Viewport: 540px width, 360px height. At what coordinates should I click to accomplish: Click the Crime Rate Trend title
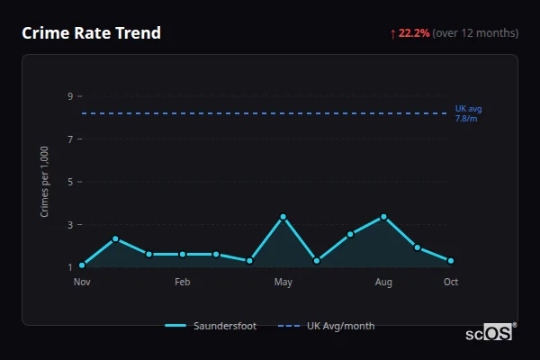tap(91, 33)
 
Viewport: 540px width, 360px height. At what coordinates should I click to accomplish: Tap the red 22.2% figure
tap(414, 33)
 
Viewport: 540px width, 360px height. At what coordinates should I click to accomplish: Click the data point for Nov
tap(82, 265)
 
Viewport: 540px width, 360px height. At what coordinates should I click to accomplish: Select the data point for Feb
tap(183, 254)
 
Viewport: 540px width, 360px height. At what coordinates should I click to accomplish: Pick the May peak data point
tap(283, 217)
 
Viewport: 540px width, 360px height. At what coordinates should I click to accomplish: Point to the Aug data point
tap(384, 217)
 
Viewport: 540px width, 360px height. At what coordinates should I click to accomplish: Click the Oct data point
tap(451, 261)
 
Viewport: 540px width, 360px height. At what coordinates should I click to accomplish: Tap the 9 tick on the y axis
tap(69, 96)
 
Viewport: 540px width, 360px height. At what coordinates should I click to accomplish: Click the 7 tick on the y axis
tap(69, 139)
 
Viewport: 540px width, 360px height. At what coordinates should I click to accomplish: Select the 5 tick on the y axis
tap(69, 182)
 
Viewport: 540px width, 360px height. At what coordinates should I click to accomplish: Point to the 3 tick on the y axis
tap(69, 225)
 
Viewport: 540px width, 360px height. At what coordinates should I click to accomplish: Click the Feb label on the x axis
tap(183, 283)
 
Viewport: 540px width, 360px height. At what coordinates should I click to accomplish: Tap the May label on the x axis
tap(283, 283)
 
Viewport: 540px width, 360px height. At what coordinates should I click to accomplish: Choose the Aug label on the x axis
tap(384, 283)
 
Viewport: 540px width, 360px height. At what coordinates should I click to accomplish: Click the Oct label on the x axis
tap(451, 283)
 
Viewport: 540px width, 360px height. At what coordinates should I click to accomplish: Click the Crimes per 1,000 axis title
tap(45, 181)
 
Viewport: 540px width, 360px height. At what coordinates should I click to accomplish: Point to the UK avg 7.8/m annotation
tap(468, 113)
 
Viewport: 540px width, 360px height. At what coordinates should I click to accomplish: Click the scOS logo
tap(489, 333)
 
